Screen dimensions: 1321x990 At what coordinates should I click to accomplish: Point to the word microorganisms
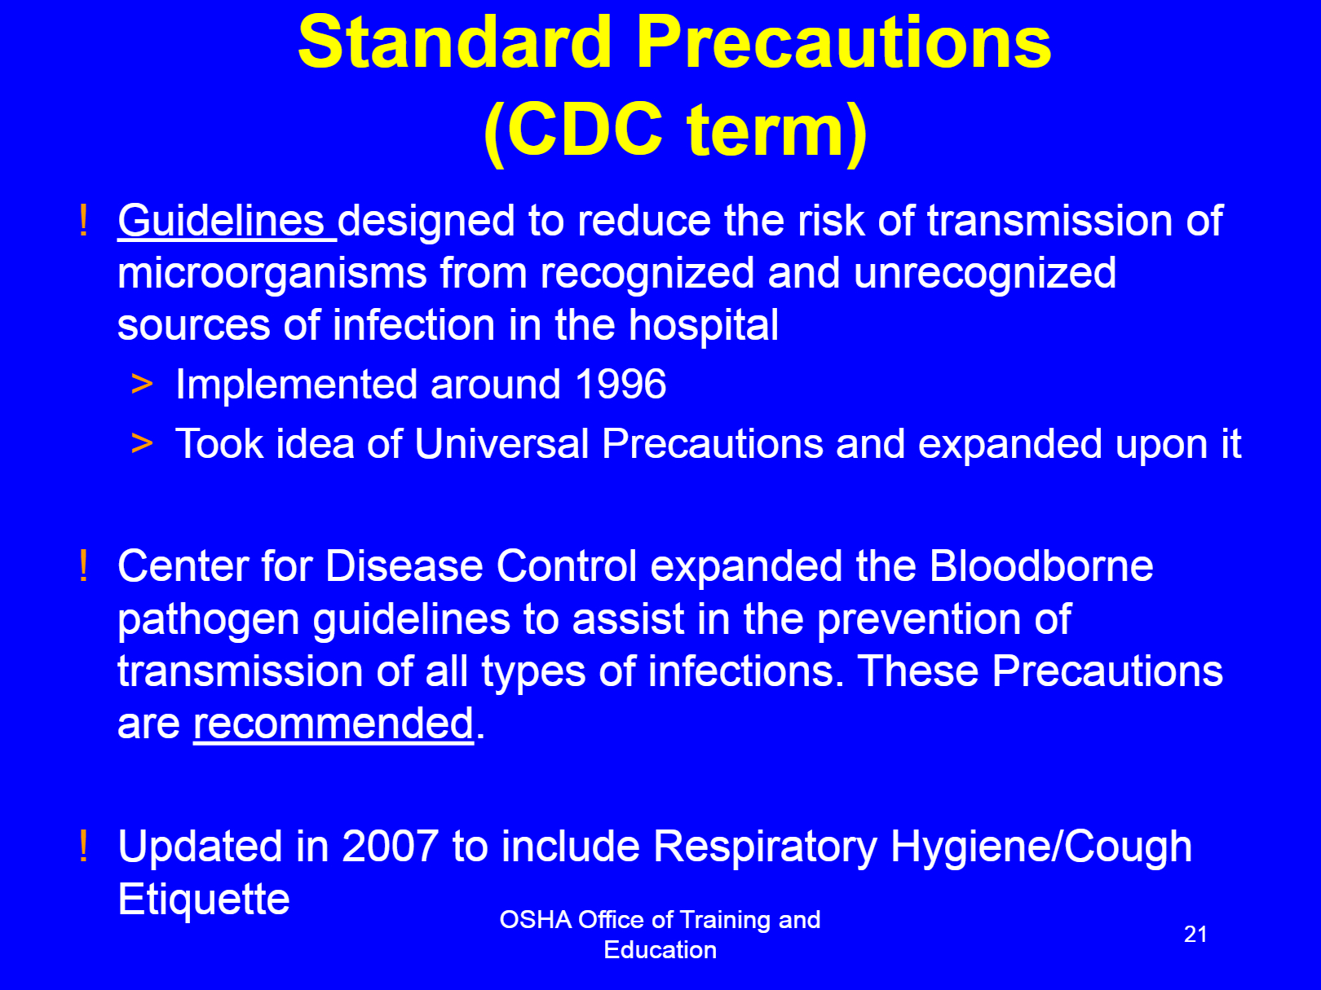click(272, 273)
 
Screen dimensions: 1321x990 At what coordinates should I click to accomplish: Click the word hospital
click(704, 325)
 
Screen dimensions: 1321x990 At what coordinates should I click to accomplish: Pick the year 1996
click(621, 384)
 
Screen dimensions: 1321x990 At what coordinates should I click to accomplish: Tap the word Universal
click(501, 443)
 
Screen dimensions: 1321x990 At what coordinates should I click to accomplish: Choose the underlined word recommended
click(334, 723)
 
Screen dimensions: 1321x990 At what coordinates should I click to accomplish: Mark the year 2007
click(390, 847)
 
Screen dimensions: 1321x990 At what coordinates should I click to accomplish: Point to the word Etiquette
click(204, 899)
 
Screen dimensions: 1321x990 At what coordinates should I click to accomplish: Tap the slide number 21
click(1195, 934)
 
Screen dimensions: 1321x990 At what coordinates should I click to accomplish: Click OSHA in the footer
click(536, 920)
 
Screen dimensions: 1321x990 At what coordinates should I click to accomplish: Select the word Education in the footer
click(660, 950)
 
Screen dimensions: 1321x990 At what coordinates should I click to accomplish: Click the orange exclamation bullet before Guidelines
click(84, 220)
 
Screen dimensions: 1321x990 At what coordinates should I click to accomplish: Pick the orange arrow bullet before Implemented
click(142, 384)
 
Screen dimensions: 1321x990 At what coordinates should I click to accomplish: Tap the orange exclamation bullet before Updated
click(84, 846)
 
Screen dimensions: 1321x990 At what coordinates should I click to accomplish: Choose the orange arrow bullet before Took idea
click(142, 444)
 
